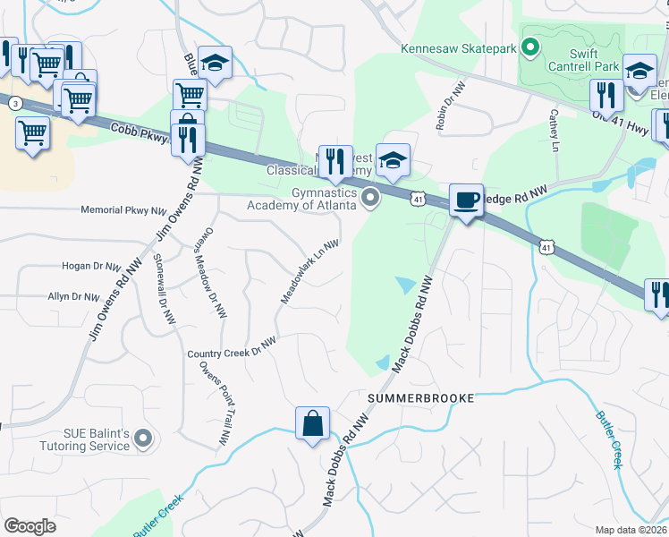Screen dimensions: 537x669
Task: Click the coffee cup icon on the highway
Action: point(466,200)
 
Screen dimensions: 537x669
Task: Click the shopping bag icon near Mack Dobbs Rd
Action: point(313,422)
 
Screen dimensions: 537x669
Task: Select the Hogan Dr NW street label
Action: point(91,266)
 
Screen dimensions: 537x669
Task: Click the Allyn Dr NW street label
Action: point(79,295)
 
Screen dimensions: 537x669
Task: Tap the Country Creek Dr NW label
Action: point(233,348)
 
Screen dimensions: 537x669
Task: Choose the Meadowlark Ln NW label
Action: point(309,270)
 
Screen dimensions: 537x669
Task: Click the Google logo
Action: point(30,526)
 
